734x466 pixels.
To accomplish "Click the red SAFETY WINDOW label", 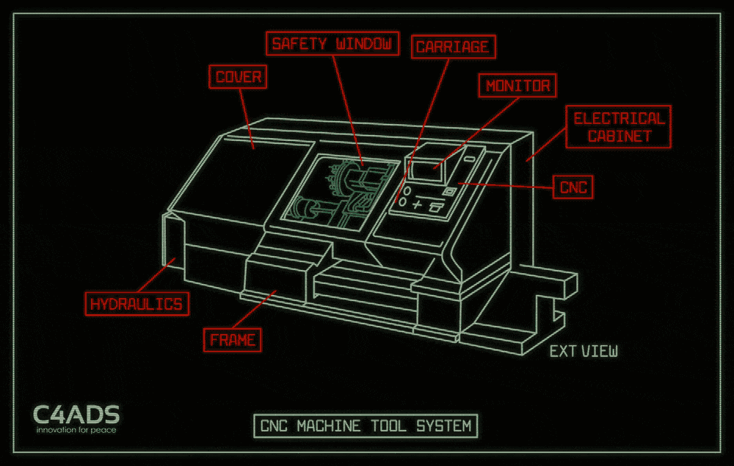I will click(x=333, y=43).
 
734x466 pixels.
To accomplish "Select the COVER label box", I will click(x=239, y=76).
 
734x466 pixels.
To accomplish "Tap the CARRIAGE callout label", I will click(x=452, y=47).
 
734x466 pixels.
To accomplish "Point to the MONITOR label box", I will click(x=517, y=86).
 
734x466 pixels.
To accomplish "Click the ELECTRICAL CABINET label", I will click(x=619, y=127).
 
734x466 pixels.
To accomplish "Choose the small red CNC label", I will click(x=573, y=187).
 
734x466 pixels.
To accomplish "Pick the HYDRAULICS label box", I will click(x=136, y=303).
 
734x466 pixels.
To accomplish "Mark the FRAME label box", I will click(x=232, y=340).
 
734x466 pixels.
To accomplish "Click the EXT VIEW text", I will click(x=584, y=352).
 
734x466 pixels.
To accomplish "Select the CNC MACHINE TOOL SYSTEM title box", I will click(x=365, y=426).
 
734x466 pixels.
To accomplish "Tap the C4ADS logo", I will click(x=76, y=415).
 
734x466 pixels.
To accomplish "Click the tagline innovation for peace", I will click(x=76, y=429).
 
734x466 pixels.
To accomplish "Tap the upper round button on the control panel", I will click(x=406, y=190).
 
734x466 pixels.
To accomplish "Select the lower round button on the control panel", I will click(x=403, y=200).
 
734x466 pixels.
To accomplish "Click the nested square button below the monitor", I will click(x=451, y=192).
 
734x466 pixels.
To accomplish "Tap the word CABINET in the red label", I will click(x=619, y=136).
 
